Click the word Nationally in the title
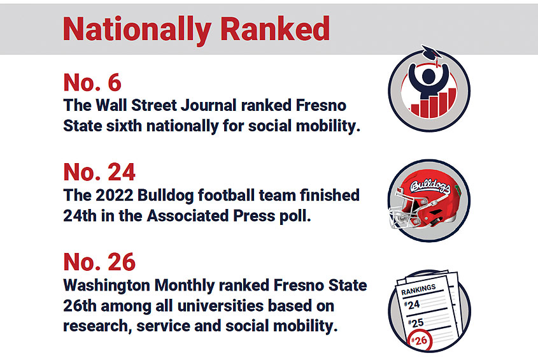click(137, 30)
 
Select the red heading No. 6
click(92, 82)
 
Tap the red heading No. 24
click(99, 172)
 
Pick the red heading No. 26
click(99, 262)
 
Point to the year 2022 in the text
click(114, 195)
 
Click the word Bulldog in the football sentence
click(166, 196)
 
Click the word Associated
click(188, 216)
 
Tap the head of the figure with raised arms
click(428, 76)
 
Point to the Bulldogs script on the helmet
click(430, 187)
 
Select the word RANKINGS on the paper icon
click(418, 289)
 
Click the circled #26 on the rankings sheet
click(420, 340)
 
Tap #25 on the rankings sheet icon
click(416, 323)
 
